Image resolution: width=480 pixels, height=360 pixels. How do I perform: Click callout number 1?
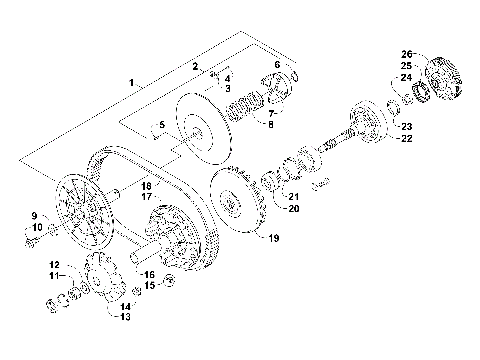click(x=131, y=79)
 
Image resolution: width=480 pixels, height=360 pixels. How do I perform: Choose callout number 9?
click(x=33, y=216)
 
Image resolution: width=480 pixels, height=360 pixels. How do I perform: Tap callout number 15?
click(x=150, y=285)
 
